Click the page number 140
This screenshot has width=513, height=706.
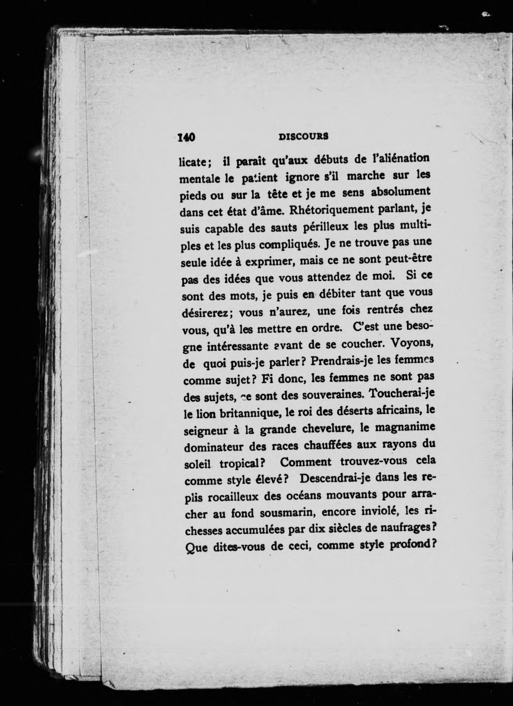186,137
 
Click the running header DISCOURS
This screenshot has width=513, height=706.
304,136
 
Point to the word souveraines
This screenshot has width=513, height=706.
324,394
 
